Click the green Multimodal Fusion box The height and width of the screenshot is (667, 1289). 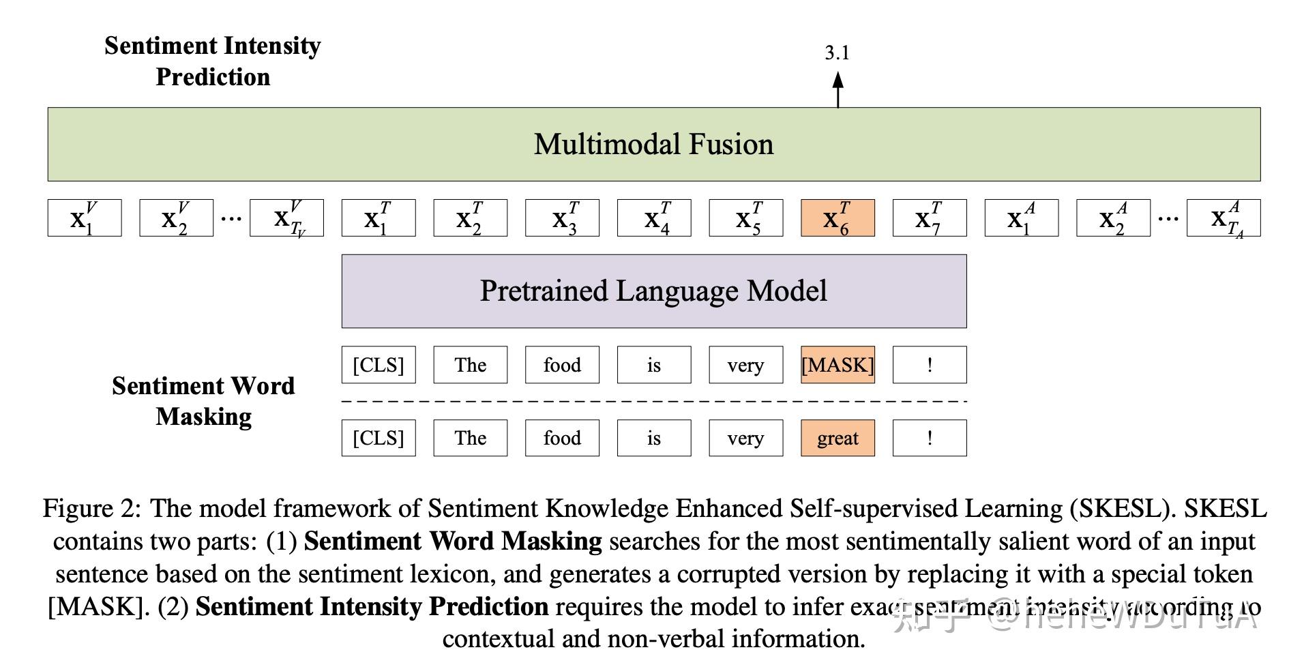653,144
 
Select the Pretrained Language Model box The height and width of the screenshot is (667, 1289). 653,291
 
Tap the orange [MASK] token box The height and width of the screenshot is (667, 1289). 838,365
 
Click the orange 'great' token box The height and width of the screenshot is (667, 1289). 838,438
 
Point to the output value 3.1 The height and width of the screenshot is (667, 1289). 837,53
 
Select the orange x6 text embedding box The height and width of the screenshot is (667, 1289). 838,218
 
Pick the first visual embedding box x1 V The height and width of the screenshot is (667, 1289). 85,218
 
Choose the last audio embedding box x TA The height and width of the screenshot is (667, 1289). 1224,218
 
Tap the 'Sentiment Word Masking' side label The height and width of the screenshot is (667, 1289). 203,401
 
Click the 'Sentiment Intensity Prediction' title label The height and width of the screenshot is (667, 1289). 213,61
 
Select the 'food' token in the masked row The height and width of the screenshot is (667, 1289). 562,365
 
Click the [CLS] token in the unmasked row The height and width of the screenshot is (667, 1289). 379,438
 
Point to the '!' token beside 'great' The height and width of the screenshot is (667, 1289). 930,438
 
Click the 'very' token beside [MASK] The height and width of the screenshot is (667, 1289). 745,365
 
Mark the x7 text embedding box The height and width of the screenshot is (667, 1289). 930,218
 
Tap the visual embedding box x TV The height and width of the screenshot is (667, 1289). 286,218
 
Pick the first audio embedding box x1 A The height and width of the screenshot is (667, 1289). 1021,218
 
